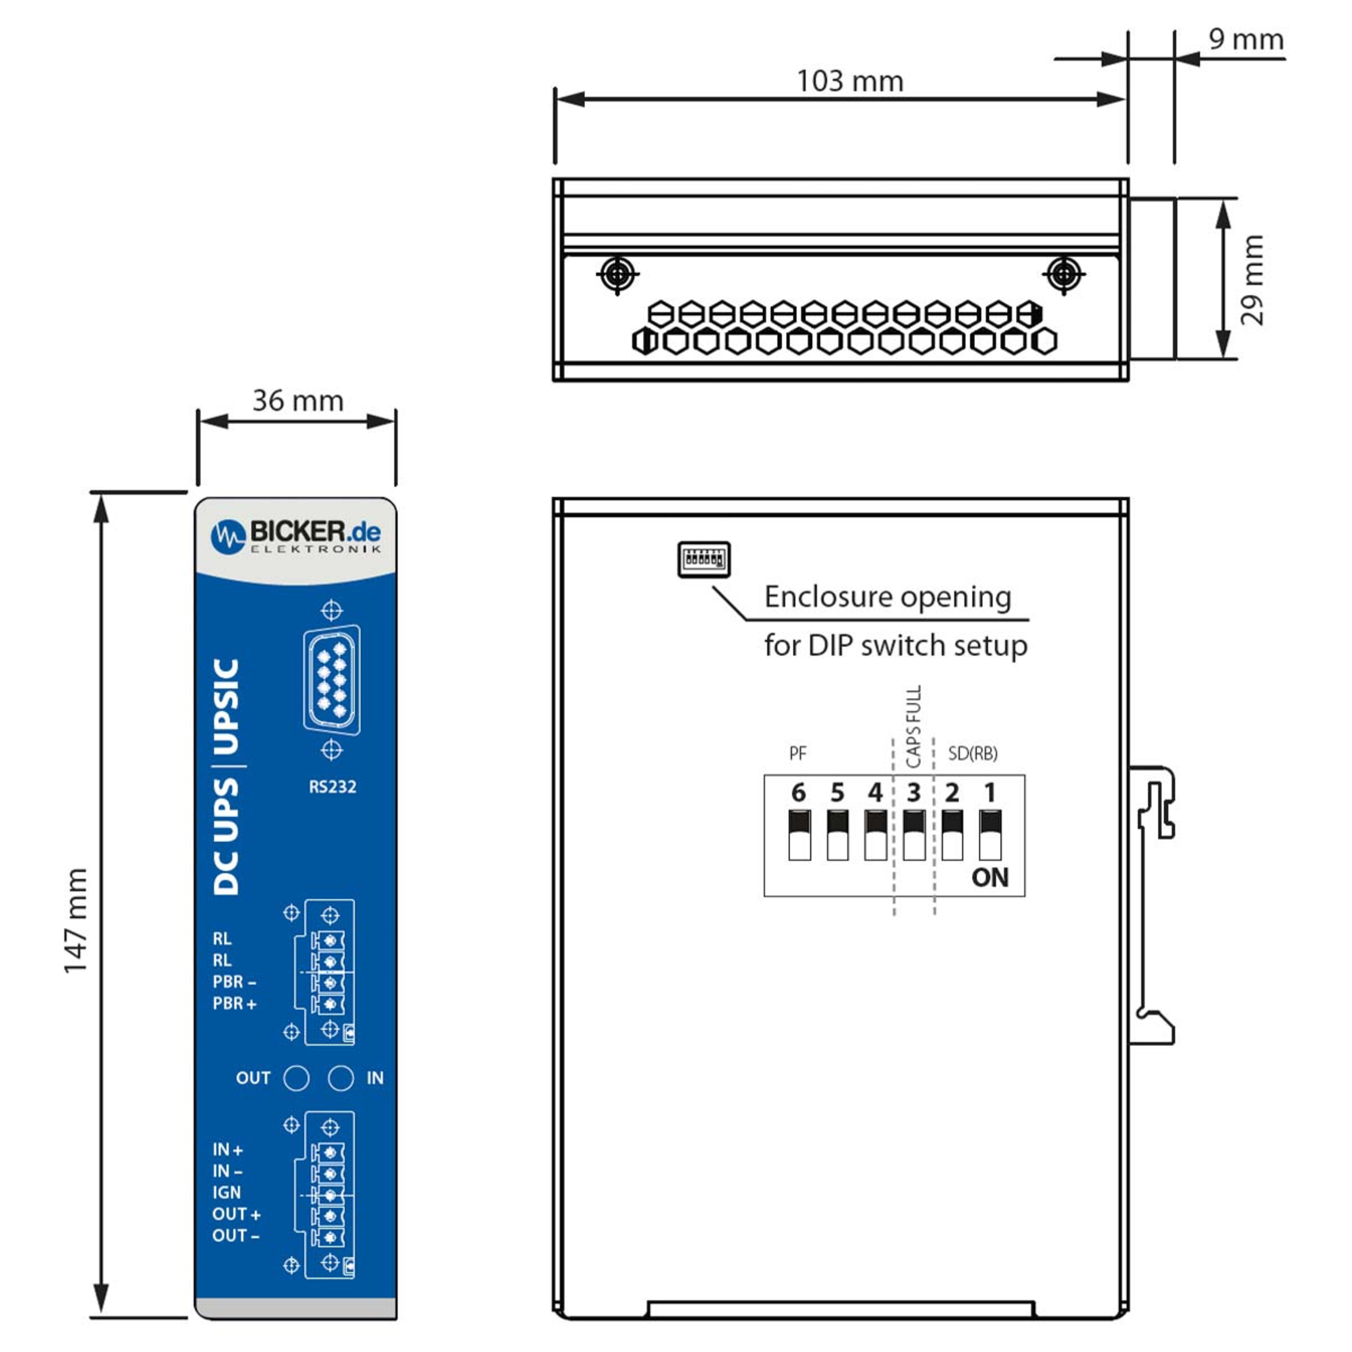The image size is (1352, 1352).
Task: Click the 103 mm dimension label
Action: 850,81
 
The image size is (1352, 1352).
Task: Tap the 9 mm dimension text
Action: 1246,39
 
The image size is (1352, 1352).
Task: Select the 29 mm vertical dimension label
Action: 1252,280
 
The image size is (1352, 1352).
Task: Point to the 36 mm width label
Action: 298,401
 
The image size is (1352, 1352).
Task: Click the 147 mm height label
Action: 75,920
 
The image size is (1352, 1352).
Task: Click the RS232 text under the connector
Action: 332,786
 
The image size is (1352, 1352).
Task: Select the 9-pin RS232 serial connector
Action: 332,679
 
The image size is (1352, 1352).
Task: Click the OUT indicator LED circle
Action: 296,1078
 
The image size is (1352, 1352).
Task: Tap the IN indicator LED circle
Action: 341,1078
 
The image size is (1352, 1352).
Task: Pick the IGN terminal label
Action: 226,1193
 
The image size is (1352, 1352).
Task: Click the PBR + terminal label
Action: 234,1003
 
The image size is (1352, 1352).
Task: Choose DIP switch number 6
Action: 799,835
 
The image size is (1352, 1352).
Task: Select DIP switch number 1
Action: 990,835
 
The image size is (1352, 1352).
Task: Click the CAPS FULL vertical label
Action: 913,726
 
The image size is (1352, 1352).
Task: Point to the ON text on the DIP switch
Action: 990,878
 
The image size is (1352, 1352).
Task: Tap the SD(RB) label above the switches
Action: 973,754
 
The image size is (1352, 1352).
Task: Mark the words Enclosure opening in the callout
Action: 887,597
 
